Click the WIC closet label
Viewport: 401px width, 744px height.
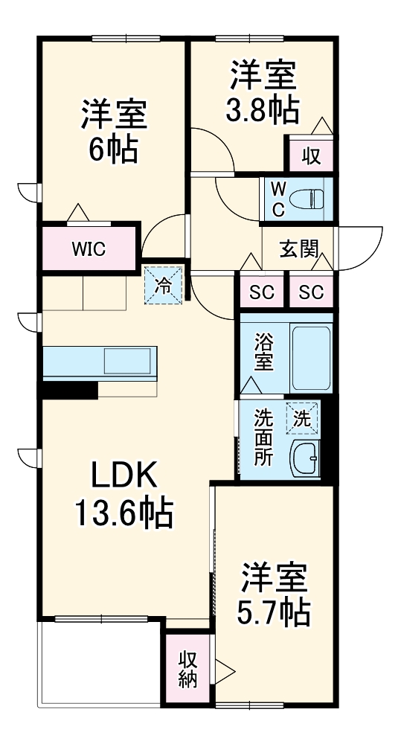tap(89, 248)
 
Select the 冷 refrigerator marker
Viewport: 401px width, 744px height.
tap(162, 284)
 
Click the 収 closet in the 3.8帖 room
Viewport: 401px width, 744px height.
tap(310, 156)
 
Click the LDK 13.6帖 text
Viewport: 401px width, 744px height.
tap(123, 493)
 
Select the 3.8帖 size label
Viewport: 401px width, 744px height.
tap(263, 112)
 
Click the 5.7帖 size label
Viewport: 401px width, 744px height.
tap(274, 612)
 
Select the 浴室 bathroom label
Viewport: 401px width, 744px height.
tap(264, 353)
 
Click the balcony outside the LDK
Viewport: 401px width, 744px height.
tap(101, 662)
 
